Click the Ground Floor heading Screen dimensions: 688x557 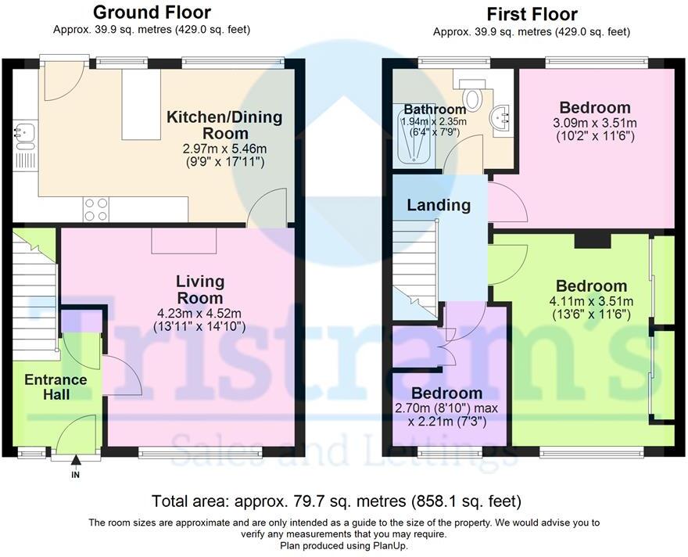point(152,13)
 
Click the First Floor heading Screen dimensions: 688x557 point(532,15)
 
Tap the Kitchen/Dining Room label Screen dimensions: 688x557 point(224,125)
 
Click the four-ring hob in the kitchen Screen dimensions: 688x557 point(96,210)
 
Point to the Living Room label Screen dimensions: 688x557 point(200,289)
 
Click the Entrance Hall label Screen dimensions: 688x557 point(56,386)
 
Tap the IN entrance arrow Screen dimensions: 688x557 point(76,466)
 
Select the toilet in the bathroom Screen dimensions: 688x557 point(472,94)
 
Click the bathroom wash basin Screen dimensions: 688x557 point(501,120)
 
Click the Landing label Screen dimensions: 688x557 point(439,205)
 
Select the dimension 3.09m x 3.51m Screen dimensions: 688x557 point(595,124)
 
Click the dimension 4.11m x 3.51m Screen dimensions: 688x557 point(591,301)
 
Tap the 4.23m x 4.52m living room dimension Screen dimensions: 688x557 point(199,314)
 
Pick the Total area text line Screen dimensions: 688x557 point(336,501)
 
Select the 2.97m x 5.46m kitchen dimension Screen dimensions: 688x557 point(224,149)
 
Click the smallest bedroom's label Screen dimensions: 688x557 point(446,393)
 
